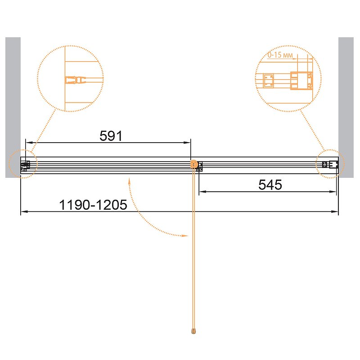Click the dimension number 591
coord(111,136)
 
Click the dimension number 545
coord(270,185)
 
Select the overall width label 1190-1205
coord(93,205)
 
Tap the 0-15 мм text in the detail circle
coord(280,55)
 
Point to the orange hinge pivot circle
coord(194,164)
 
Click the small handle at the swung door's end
coord(194,331)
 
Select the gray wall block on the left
coord(13,108)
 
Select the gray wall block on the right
coord(346,108)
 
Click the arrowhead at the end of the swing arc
coord(185,235)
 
